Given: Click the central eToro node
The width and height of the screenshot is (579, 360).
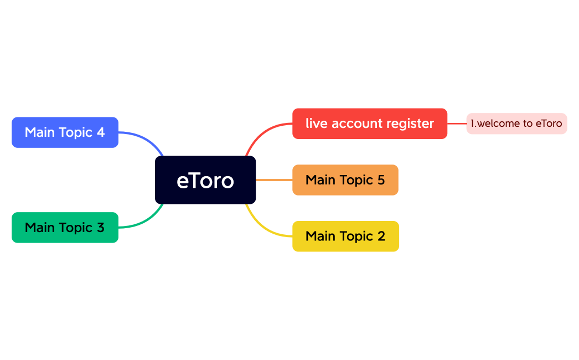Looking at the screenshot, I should (x=205, y=181).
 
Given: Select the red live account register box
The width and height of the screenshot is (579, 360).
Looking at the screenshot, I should (x=369, y=124).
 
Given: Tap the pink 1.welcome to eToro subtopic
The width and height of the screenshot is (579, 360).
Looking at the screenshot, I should (x=516, y=124).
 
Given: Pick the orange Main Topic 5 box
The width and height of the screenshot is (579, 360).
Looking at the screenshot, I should (x=345, y=180).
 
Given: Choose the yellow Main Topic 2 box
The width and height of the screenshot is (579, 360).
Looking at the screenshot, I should (x=345, y=236).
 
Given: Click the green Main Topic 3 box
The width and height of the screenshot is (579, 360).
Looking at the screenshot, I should (x=65, y=228).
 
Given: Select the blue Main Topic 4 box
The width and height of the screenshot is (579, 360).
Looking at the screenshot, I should (x=65, y=132).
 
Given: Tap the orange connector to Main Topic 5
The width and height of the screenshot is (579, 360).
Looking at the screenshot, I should (x=274, y=180).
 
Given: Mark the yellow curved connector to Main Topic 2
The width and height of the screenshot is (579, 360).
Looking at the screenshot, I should (x=263, y=227).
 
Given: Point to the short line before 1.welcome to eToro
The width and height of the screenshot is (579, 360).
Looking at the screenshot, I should (x=457, y=124).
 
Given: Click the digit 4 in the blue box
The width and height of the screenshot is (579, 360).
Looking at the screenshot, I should (x=100, y=132).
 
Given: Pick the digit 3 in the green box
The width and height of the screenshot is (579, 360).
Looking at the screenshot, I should (x=100, y=228).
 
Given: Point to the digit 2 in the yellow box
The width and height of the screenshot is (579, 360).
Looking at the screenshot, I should (x=381, y=236).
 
